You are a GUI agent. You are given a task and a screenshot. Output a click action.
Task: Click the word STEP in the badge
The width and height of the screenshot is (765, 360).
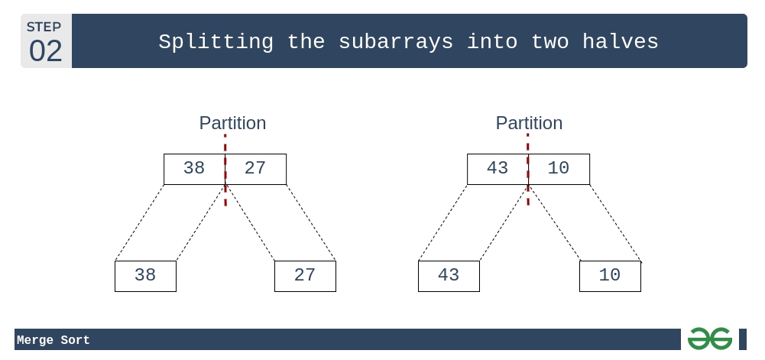tap(44, 27)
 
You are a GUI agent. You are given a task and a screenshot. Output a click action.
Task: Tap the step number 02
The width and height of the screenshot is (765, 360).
tap(45, 50)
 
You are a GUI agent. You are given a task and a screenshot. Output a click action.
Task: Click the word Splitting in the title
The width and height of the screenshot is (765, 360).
tap(216, 42)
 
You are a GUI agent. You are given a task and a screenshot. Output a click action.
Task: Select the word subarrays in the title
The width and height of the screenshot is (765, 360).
tap(396, 42)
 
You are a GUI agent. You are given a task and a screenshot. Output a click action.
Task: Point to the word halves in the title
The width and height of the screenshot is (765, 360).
tap(621, 41)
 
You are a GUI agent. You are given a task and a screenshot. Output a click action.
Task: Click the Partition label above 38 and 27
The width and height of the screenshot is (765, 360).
tap(233, 123)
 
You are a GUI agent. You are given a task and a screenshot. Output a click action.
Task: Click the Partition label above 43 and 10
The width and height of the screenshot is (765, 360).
tap(530, 123)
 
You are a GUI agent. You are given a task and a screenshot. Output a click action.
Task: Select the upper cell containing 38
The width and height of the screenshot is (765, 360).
tap(194, 169)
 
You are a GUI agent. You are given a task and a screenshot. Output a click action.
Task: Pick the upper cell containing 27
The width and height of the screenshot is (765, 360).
tap(256, 169)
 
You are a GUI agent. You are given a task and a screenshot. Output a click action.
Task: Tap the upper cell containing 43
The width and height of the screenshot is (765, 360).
tap(498, 169)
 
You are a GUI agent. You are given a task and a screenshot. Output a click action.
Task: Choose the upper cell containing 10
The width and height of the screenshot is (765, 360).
tap(559, 169)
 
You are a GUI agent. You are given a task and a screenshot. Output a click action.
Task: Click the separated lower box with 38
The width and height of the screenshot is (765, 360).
tap(145, 276)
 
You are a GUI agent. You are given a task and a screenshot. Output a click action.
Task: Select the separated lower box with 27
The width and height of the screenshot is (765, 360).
tap(306, 276)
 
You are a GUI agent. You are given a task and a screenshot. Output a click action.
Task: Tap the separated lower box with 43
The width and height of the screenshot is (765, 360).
tap(449, 276)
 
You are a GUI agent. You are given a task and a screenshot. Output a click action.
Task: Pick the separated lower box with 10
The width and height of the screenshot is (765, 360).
tap(611, 276)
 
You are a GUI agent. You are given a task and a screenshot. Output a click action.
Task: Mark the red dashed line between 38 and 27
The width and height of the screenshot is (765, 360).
tap(225, 170)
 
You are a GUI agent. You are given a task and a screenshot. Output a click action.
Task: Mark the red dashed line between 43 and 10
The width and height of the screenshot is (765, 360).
tap(528, 169)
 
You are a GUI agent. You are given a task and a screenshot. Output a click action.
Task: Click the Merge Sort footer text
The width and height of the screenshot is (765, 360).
tap(53, 340)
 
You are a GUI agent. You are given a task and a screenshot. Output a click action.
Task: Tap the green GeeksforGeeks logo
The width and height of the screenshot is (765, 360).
tap(710, 339)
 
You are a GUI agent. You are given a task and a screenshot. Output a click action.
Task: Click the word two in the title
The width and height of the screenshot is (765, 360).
tap(549, 42)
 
